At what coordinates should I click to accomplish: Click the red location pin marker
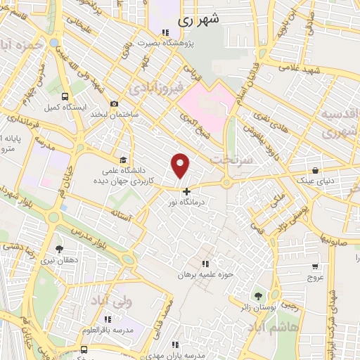(181, 165)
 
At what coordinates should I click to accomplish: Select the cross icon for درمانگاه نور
(186, 191)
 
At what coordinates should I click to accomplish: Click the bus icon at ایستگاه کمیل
(65, 96)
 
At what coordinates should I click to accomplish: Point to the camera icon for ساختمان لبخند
(115, 103)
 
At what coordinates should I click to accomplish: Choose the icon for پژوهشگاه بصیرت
(165, 32)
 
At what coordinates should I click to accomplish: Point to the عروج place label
(315, 276)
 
